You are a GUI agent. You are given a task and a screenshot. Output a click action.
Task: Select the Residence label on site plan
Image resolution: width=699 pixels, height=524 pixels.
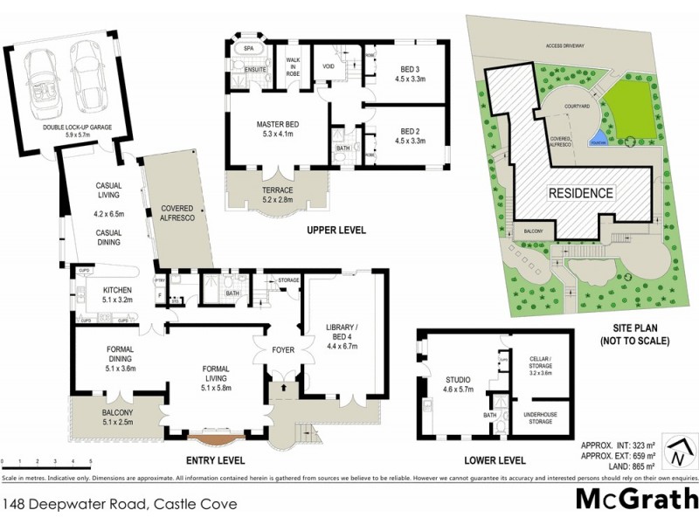[580, 193]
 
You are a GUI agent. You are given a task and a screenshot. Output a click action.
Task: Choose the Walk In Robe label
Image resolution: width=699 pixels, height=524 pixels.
[294, 65]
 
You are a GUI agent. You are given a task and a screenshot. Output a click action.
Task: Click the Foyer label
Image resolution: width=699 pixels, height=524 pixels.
[282, 350]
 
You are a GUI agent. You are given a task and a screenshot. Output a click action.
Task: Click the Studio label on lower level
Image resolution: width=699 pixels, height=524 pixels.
[458, 384]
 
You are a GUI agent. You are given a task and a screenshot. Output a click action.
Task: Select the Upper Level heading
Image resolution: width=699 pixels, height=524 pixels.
[336, 231]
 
